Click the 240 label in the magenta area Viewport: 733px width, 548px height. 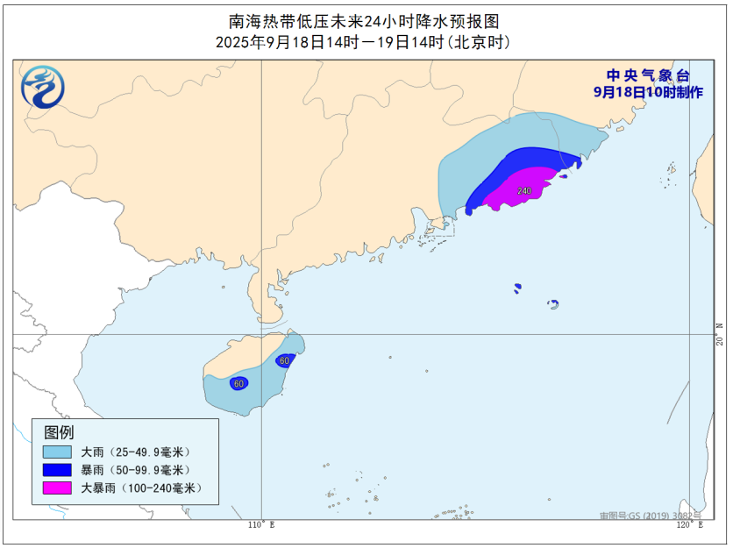524,191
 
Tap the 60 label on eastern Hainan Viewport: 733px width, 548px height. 284,360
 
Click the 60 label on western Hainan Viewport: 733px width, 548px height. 238,383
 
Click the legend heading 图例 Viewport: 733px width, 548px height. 59,432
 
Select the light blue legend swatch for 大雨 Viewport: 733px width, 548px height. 59,452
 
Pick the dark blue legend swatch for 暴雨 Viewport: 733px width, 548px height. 59,470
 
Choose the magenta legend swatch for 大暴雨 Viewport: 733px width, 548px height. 59,488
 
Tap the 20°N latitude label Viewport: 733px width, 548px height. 719,336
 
